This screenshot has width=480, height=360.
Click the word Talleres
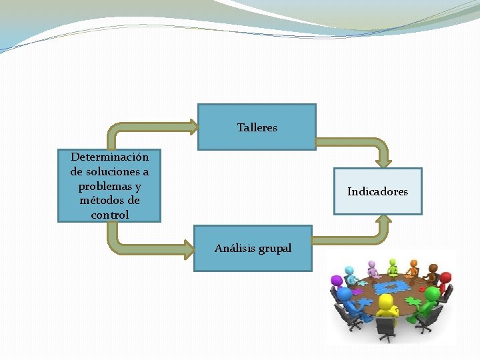[x=257, y=127]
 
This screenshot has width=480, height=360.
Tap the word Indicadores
[x=377, y=192]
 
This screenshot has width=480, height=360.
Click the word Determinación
[x=109, y=157]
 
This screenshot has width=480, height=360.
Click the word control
[x=109, y=215]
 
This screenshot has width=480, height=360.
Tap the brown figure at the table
[x=433, y=272]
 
